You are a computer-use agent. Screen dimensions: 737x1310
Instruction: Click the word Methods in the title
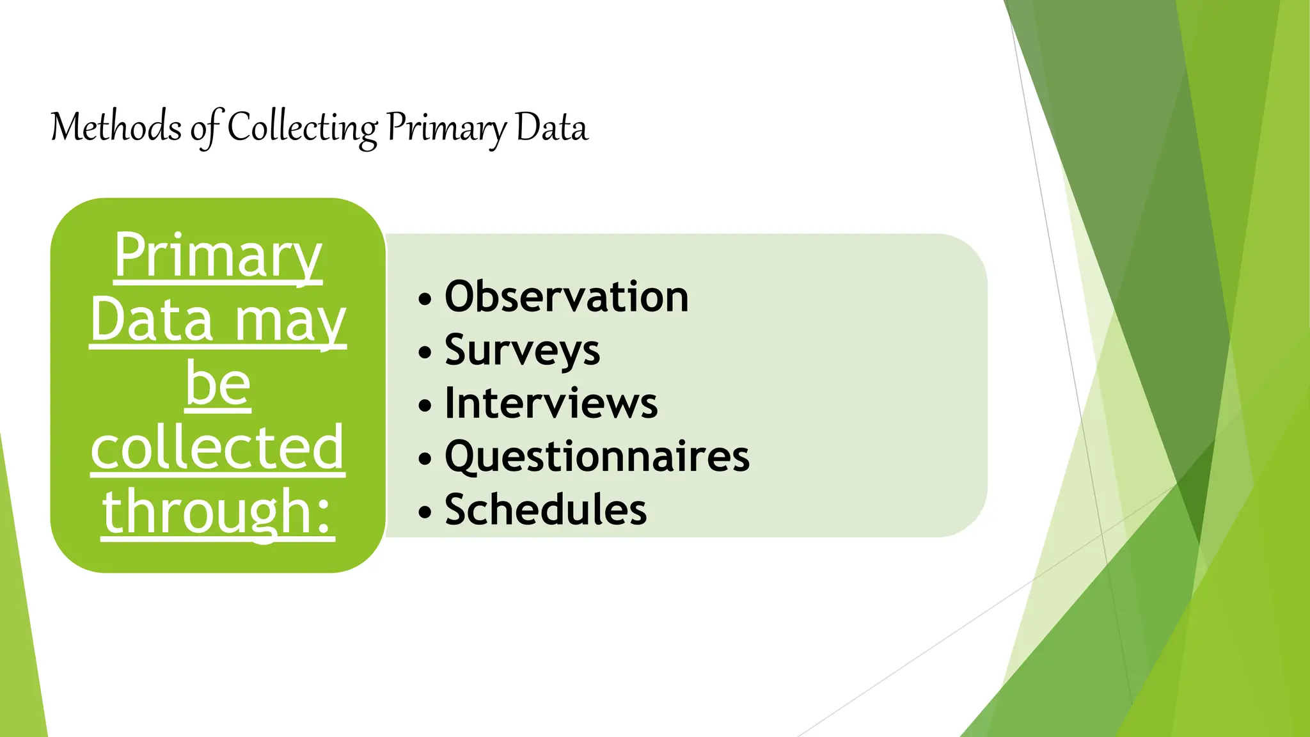coord(116,127)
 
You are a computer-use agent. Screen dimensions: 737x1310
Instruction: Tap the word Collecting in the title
coord(303,127)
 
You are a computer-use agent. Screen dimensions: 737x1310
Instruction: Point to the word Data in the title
coord(551,127)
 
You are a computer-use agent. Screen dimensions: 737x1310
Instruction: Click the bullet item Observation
coord(566,297)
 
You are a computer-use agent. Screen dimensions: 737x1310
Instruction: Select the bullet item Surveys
coord(522,351)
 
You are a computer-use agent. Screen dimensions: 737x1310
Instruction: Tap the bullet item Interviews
coord(551,404)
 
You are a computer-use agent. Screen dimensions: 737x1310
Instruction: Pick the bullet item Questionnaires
coord(597,457)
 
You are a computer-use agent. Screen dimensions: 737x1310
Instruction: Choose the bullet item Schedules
coord(545,510)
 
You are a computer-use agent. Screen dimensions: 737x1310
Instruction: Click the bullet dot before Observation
coord(425,299)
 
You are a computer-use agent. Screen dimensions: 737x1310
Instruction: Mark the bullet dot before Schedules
coord(425,512)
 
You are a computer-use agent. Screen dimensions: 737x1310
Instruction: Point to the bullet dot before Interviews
coord(425,406)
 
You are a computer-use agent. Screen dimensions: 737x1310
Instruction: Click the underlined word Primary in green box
coord(218,255)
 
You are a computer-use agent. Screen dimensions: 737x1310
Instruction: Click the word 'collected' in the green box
coord(217,447)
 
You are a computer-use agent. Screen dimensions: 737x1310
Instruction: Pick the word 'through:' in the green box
coord(218,511)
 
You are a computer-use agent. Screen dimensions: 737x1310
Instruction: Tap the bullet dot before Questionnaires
coord(425,459)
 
